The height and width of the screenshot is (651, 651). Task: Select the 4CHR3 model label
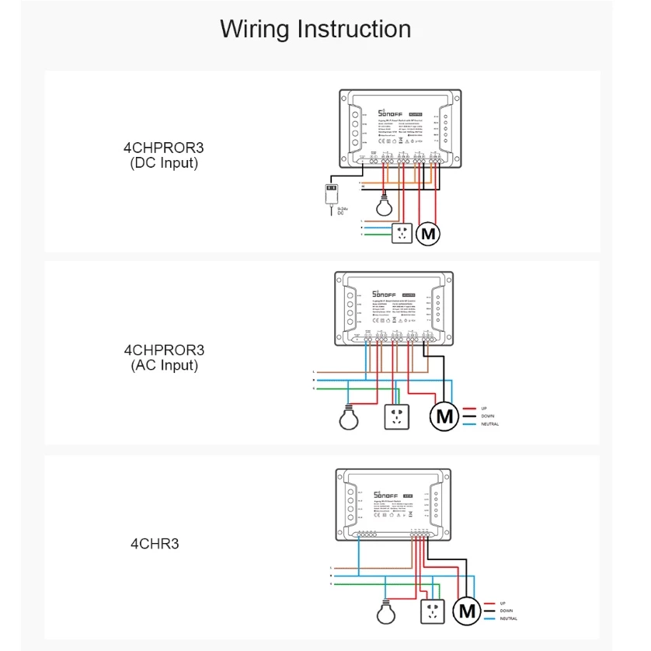pyautogui.click(x=154, y=544)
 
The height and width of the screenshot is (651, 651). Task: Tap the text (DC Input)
pyautogui.click(x=163, y=163)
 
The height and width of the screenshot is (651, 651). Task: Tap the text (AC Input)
pyautogui.click(x=163, y=365)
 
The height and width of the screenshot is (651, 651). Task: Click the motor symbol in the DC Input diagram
pyautogui.click(x=428, y=233)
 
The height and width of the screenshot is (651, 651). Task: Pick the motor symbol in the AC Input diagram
pyautogui.click(x=445, y=416)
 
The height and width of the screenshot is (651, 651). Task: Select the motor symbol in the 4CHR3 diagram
pyautogui.click(x=467, y=611)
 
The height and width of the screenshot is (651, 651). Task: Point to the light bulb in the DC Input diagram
pyautogui.click(x=382, y=207)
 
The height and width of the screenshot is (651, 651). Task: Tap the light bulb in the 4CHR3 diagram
pyautogui.click(x=386, y=613)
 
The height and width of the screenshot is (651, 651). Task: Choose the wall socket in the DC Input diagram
pyautogui.click(x=402, y=233)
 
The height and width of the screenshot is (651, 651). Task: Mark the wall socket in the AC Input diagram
pyautogui.click(x=397, y=418)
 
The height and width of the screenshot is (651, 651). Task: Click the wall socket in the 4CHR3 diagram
pyautogui.click(x=431, y=612)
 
